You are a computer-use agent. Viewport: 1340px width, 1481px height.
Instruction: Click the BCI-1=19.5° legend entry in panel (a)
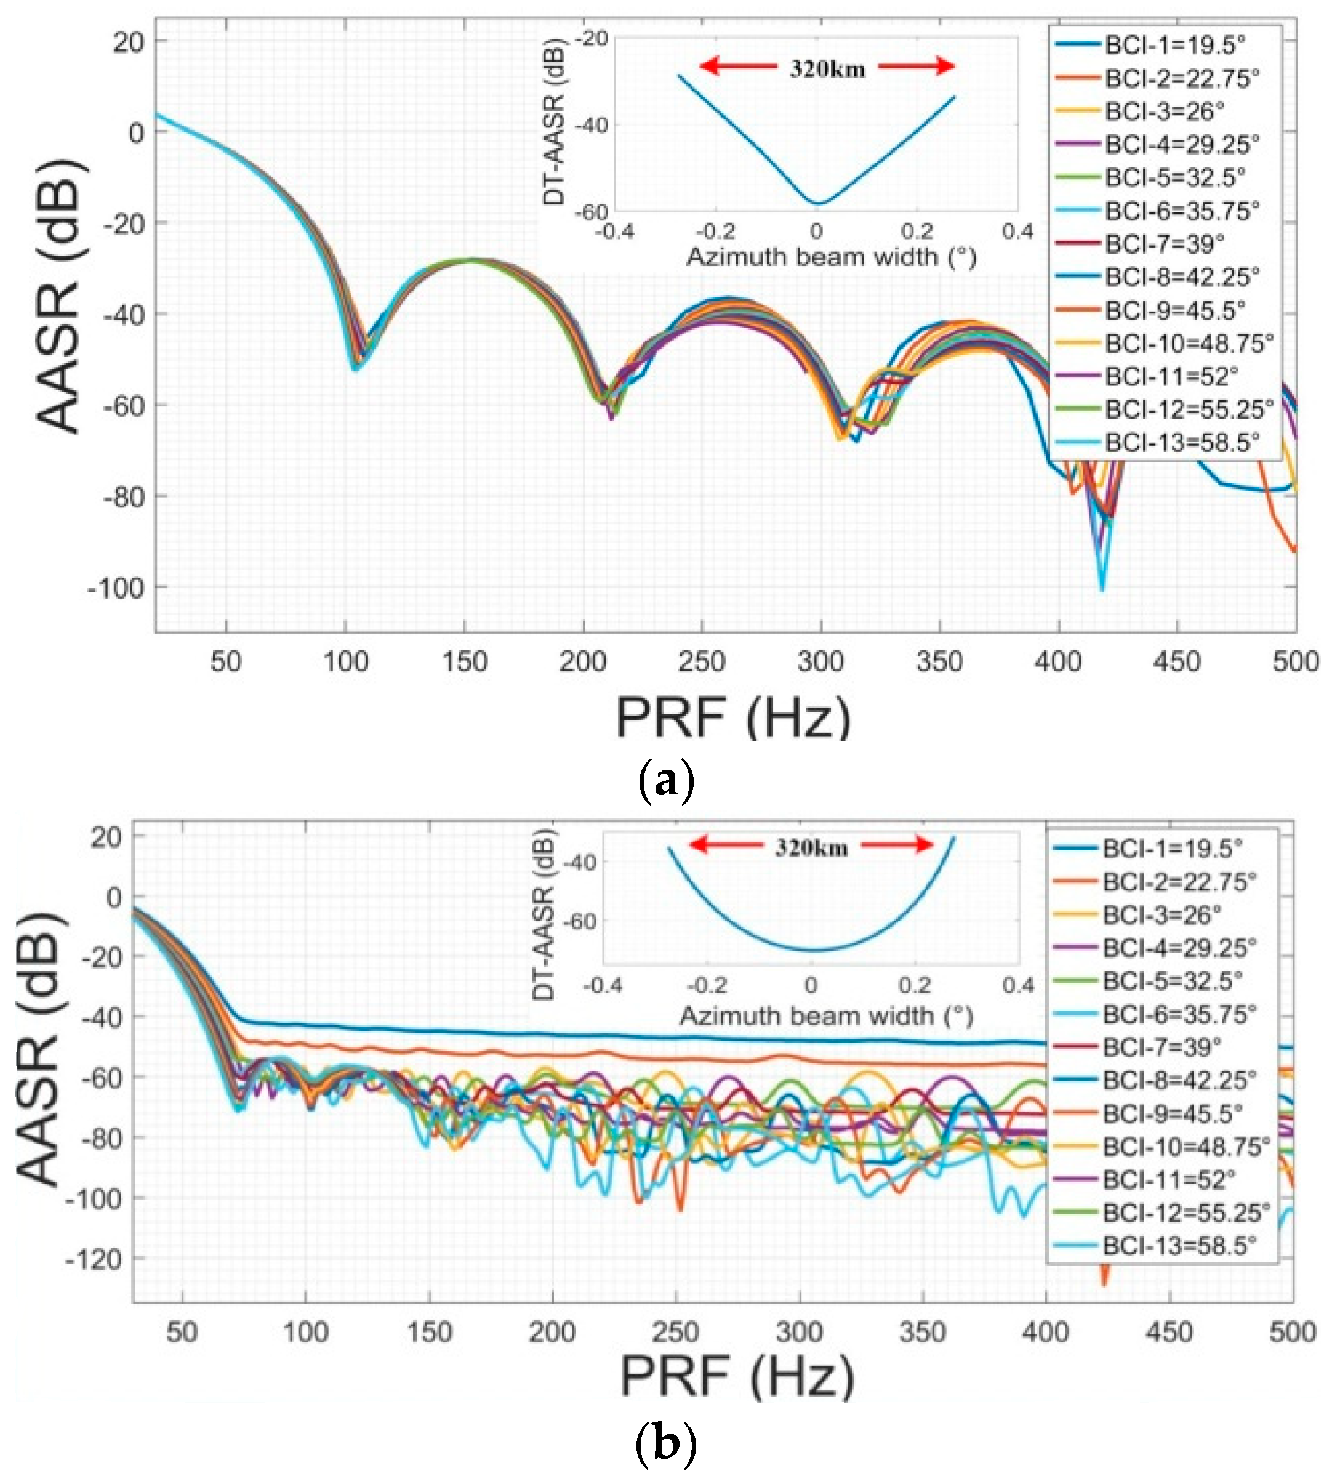click(1175, 45)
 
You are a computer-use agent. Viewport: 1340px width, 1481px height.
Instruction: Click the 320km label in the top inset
click(827, 69)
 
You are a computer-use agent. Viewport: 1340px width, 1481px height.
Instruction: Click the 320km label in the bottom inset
click(811, 849)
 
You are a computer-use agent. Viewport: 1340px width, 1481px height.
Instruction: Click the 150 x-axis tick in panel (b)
click(430, 1332)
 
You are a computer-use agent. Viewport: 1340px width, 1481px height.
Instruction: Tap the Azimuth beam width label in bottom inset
click(826, 1016)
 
